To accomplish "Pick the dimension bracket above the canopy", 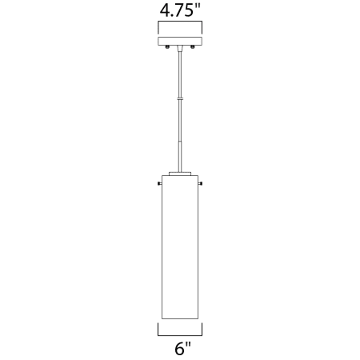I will pos(180,26).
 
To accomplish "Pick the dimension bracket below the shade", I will pos(180,330).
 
